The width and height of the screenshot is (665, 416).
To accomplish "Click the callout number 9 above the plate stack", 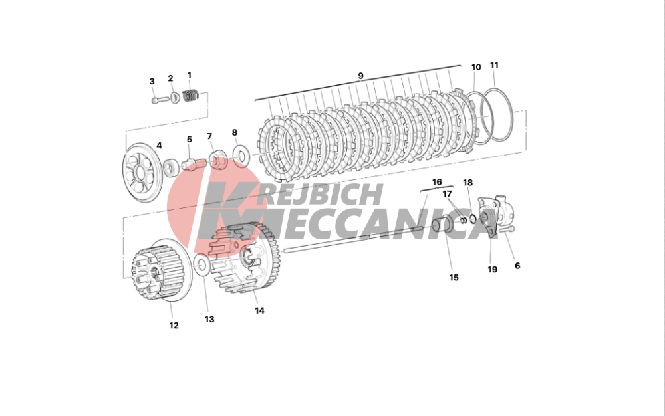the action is [x=360, y=76].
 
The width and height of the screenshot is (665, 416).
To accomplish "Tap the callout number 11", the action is [x=495, y=66].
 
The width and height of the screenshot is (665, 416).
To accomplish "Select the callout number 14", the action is [x=259, y=310].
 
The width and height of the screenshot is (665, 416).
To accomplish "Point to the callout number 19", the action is [x=492, y=269].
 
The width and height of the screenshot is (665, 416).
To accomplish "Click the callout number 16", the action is [x=437, y=182].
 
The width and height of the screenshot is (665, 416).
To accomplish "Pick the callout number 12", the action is [x=174, y=326].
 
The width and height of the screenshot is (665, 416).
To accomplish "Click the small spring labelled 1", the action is [x=190, y=96].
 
